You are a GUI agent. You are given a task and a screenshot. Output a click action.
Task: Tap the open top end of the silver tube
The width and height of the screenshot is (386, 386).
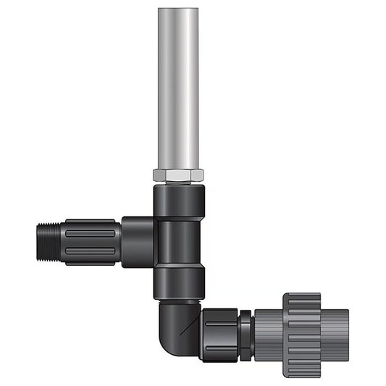177,10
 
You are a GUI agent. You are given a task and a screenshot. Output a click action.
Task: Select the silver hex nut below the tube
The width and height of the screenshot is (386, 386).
177,175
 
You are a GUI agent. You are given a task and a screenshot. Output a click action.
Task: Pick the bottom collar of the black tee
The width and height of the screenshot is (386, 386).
178,281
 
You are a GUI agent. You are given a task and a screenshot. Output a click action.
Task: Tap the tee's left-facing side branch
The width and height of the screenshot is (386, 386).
137,241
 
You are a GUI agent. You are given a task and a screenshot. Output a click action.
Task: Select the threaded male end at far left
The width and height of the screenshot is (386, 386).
47,242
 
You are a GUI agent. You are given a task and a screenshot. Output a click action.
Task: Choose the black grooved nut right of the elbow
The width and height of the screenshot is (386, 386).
221,333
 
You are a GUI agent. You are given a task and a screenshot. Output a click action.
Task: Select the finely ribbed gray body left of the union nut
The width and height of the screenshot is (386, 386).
267,334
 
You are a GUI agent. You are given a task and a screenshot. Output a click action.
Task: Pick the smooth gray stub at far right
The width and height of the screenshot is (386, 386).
335,334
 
